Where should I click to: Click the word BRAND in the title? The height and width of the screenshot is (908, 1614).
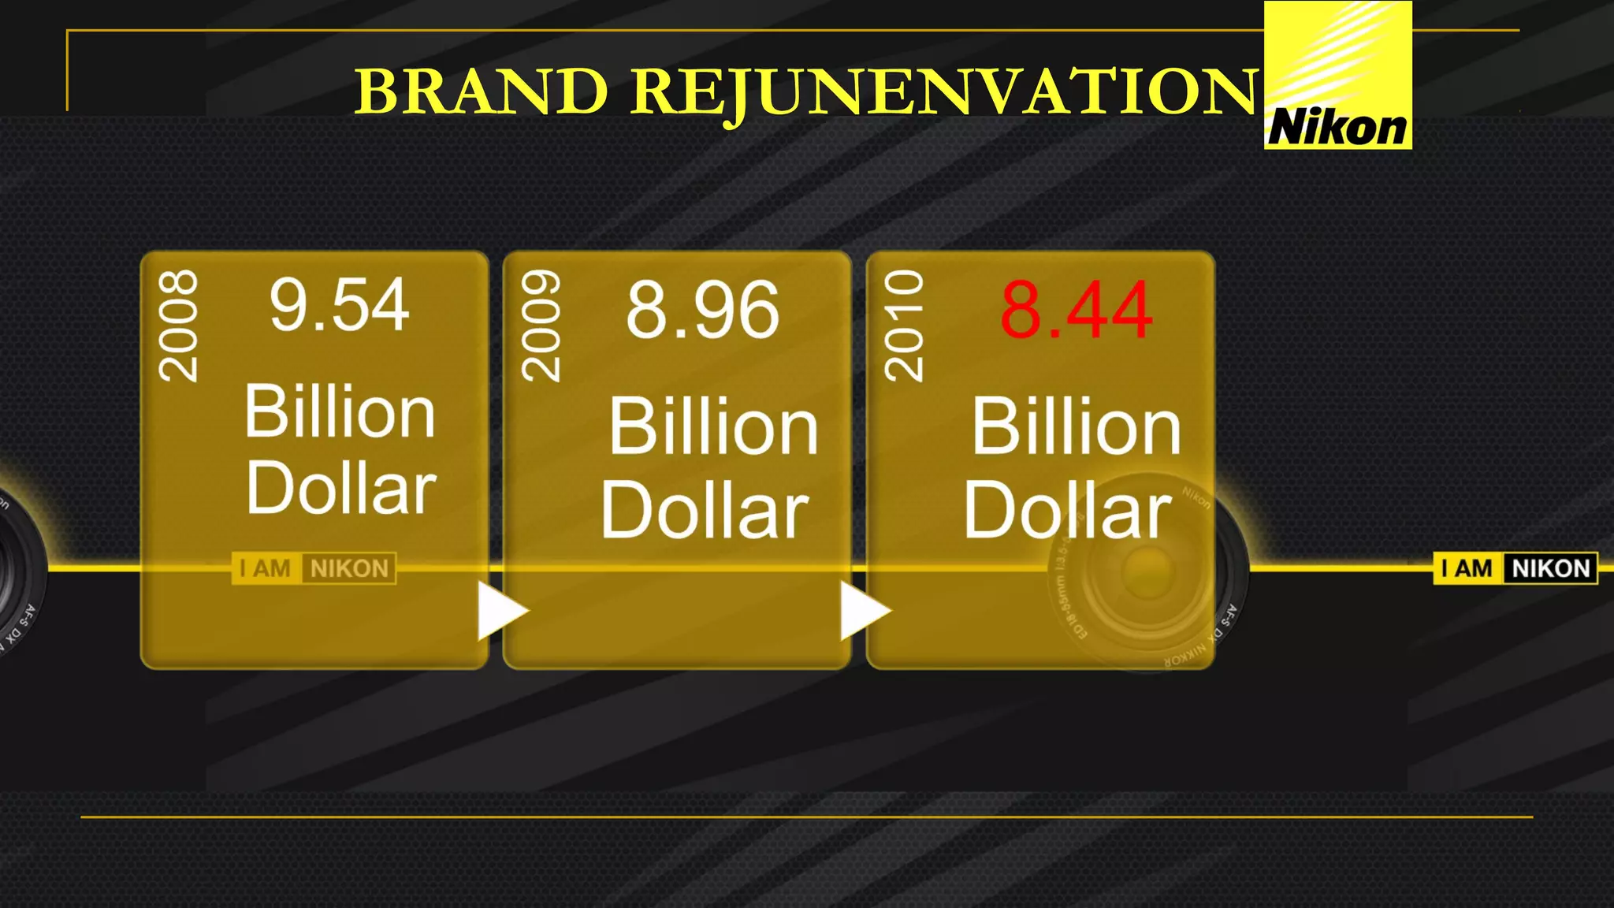(482, 91)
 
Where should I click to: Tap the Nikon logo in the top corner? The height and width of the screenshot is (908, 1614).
(1337, 76)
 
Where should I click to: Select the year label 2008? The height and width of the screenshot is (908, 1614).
(179, 326)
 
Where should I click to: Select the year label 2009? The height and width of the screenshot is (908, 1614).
(541, 326)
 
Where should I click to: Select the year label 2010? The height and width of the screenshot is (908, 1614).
(904, 326)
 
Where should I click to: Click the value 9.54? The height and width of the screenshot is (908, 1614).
(339, 305)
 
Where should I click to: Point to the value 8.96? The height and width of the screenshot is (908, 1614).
(702, 311)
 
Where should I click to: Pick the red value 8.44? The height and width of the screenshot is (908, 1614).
(1076, 311)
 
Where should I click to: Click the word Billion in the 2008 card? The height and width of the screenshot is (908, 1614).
(339, 411)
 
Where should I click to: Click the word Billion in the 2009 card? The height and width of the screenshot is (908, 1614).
(713, 427)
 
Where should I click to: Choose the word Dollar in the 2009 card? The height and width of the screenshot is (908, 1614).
(705, 511)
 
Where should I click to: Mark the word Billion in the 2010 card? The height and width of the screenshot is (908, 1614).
(1076, 427)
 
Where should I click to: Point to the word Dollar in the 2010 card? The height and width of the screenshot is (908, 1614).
(1067, 511)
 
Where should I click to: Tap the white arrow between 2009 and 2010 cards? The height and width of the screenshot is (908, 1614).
(863, 611)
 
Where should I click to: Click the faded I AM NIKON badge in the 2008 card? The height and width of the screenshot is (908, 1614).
(314, 568)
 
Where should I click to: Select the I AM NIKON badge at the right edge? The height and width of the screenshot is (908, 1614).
(1515, 568)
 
